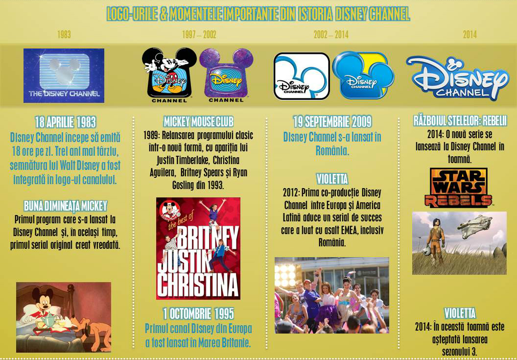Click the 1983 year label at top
64,35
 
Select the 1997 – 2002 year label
199,35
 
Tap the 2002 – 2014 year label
331,35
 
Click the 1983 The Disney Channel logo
64,75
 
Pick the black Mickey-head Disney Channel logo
169,74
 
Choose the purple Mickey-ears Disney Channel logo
226,75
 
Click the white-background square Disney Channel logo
301,76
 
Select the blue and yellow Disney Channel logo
363,76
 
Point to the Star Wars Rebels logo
458,188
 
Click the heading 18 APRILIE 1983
65,122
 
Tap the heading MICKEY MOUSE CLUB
198,121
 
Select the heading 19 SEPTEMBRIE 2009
332,121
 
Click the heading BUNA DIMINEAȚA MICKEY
65,206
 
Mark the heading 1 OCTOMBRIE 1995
198,313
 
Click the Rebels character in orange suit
434,240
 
